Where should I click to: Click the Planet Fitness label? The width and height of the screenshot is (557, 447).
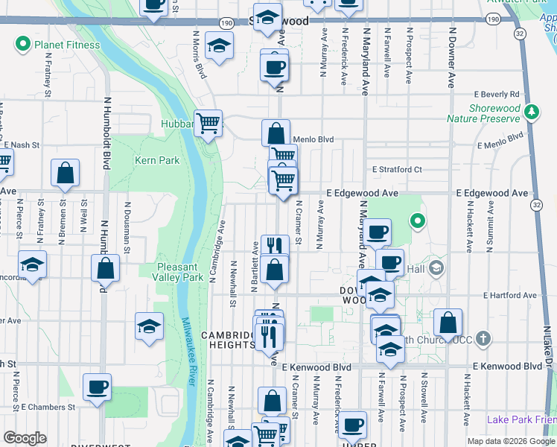(66, 45)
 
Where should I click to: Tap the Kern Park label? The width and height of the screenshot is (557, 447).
(157, 160)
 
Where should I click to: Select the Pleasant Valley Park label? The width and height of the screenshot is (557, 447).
(180, 272)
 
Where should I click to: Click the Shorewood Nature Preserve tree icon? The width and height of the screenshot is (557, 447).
(531, 112)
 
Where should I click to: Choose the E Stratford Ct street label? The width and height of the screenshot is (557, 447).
(397, 170)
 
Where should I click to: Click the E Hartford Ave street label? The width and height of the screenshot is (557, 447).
(510, 296)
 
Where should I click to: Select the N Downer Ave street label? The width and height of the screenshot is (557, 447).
(452, 52)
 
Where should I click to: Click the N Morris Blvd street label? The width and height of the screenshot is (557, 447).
(199, 54)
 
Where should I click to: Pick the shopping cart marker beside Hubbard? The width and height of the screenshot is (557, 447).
(209, 123)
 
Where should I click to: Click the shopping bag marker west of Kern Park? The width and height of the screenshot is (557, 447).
(66, 173)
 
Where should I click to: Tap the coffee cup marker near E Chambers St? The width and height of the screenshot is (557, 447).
(97, 387)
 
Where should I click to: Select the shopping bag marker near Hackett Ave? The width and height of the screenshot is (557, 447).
(448, 323)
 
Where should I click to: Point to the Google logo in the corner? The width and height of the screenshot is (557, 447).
(25, 438)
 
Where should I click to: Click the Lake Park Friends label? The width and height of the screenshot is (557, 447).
(521, 419)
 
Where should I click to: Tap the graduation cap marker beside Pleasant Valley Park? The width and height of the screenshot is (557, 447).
(149, 326)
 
